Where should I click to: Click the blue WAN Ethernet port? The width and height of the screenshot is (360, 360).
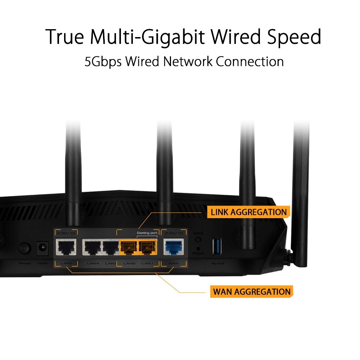point(174,247)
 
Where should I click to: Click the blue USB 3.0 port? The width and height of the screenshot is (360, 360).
point(217,246)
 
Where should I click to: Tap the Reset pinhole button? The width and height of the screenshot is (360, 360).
point(198,248)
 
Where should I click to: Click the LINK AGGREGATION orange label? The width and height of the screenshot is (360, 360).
point(248,212)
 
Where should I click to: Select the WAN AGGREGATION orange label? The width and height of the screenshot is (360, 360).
point(251,291)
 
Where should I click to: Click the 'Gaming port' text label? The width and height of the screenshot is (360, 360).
point(147,233)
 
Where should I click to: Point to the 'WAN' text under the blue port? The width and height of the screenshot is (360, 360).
point(174,264)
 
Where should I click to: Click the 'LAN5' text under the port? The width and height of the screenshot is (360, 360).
point(66,264)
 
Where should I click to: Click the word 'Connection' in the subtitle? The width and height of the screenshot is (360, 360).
point(249,61)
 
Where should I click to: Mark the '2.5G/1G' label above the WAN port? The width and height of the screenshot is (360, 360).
point(174,233)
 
